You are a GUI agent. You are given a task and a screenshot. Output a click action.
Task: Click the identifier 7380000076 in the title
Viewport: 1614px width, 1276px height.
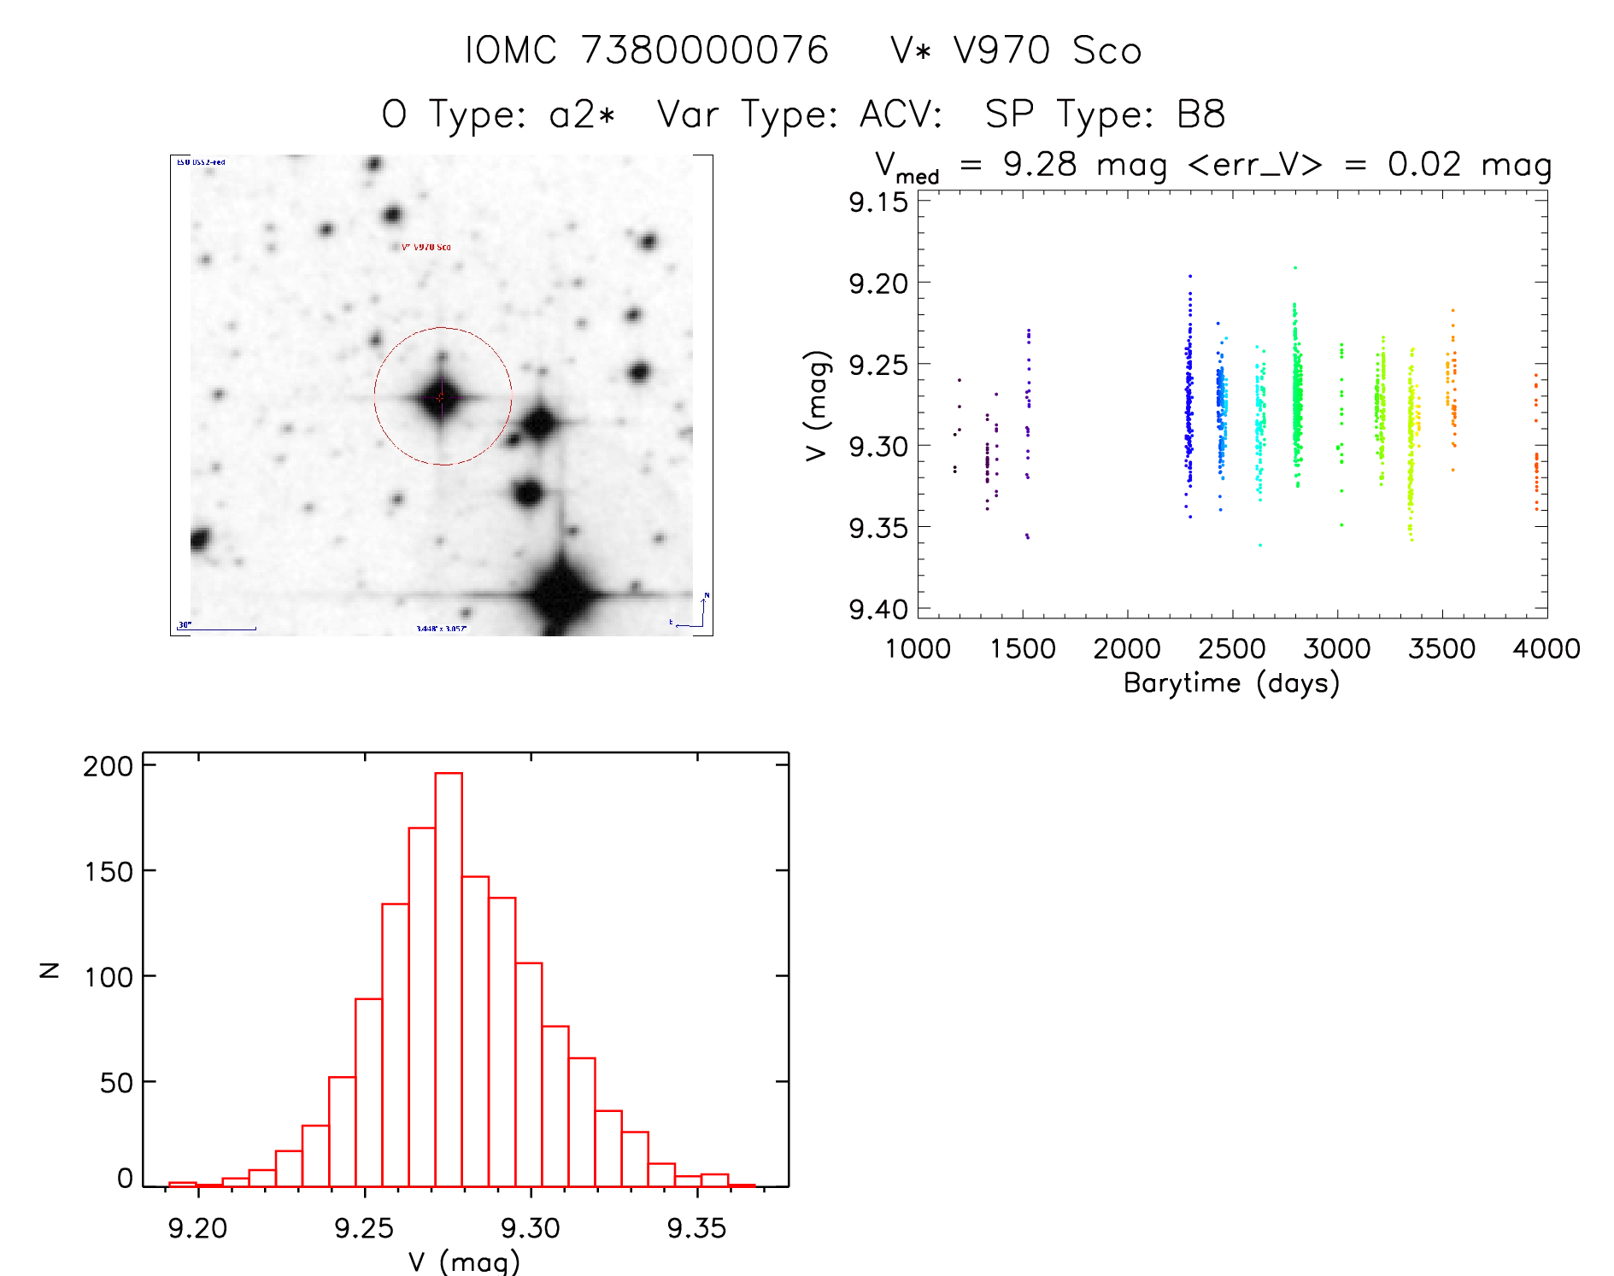[705, 50]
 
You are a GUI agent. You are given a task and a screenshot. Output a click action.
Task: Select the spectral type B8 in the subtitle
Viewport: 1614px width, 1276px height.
[1200, 114]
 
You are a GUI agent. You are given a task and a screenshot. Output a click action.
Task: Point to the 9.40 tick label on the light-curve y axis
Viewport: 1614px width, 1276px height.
[877, 610]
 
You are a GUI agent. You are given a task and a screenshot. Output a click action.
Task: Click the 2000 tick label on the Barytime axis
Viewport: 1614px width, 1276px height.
[1127, 649]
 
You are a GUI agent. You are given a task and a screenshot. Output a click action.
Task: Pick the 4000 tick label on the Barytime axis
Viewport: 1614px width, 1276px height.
[1546, 649]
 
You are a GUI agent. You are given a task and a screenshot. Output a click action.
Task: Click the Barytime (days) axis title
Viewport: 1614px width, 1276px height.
[1231, 683]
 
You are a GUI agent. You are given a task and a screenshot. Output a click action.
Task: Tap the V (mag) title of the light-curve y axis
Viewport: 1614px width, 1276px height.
[817, 406]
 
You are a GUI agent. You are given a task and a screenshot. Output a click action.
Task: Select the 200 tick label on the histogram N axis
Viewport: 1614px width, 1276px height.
[109, 766]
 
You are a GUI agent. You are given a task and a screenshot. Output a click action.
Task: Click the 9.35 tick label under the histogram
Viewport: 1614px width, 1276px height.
[696, 1228]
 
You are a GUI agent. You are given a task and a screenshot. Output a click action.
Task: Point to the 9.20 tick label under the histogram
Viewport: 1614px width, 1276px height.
[197, 1228]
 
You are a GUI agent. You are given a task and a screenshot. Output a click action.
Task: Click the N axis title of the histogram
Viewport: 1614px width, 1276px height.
[50, 970]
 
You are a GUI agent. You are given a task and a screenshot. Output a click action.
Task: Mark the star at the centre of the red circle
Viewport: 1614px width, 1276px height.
[441, 397]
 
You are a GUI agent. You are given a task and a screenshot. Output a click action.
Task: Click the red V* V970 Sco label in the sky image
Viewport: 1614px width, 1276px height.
[426, 247]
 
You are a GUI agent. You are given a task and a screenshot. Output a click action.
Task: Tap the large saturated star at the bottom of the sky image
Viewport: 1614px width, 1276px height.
[561, 594]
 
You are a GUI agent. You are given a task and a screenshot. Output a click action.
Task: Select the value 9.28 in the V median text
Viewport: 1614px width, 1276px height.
[1040, 165]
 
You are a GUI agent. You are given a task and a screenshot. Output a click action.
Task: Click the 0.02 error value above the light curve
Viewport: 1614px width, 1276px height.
[1424, 165]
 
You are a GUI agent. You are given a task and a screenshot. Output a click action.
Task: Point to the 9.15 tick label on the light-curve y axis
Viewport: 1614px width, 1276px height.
[877, 202]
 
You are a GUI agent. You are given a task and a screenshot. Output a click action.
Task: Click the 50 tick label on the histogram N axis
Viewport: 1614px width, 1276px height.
[116, 1083]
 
